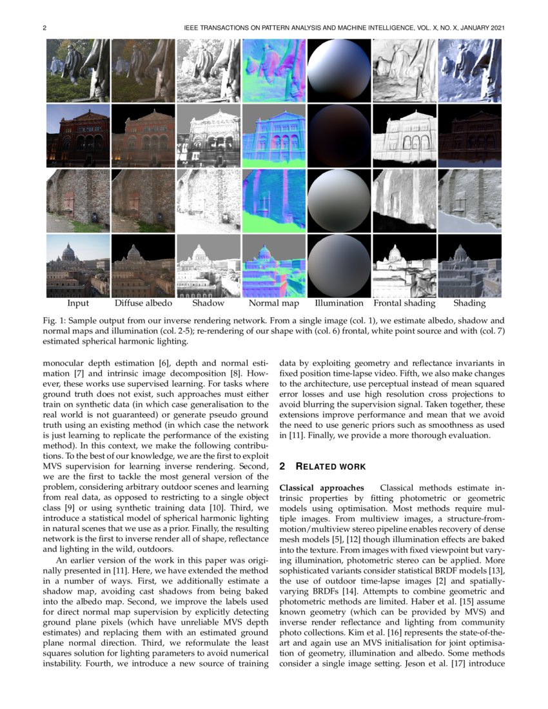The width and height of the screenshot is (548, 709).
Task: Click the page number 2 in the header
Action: click(44, 28)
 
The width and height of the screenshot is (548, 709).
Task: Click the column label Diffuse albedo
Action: click(143, 303)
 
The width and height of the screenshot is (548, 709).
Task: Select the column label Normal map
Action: click(274, 303)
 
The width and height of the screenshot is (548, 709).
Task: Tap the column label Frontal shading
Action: click(404, 303)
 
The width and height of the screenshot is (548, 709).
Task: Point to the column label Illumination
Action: click(339, 303)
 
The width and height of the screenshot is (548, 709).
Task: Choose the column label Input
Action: click(78, 303)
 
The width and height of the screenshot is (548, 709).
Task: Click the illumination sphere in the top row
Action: click(339, 70)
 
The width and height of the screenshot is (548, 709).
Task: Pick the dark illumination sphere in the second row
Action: click(339, 136)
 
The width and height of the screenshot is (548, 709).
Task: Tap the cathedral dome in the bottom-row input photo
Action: click(69, 251)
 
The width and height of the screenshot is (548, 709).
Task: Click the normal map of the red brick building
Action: click(274, 136)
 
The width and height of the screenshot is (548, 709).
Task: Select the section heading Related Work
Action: click(328, 466)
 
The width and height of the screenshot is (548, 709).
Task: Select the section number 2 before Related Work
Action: click(282, 466)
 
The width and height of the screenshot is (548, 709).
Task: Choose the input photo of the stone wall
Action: click(78, 201)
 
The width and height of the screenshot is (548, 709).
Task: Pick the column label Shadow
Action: click(208, 303)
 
